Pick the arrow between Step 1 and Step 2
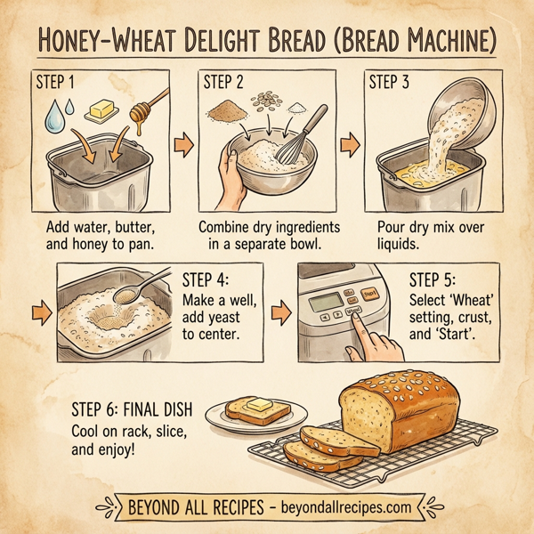click(183, 143)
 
